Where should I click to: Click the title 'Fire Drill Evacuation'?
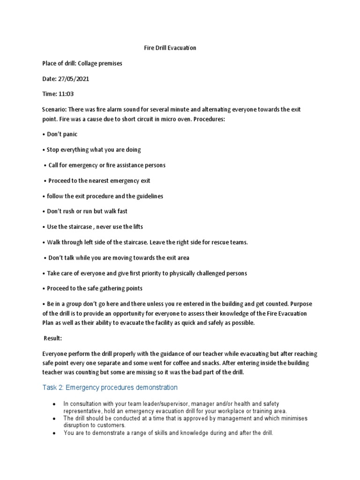pos(169,48)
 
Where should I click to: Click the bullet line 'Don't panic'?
pos(62,135)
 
